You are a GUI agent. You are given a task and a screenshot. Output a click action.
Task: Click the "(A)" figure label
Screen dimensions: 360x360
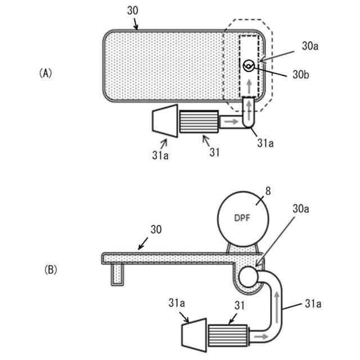pos(46,73)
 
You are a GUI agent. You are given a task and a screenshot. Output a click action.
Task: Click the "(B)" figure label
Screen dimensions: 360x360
pos(51,270)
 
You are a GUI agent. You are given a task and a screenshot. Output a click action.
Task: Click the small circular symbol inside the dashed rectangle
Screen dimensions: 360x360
pos(247,66)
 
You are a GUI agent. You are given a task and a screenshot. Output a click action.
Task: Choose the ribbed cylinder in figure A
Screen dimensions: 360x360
pos(199,121)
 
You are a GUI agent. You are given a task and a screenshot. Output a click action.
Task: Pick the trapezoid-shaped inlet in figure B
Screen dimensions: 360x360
pos(193,336)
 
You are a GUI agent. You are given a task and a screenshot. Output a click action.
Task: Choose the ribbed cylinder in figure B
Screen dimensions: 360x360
pos(228,336)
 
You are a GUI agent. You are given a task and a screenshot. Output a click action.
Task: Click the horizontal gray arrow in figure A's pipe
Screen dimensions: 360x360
pos(229,121)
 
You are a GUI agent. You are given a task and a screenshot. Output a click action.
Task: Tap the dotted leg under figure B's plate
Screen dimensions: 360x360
pos(116,274)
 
